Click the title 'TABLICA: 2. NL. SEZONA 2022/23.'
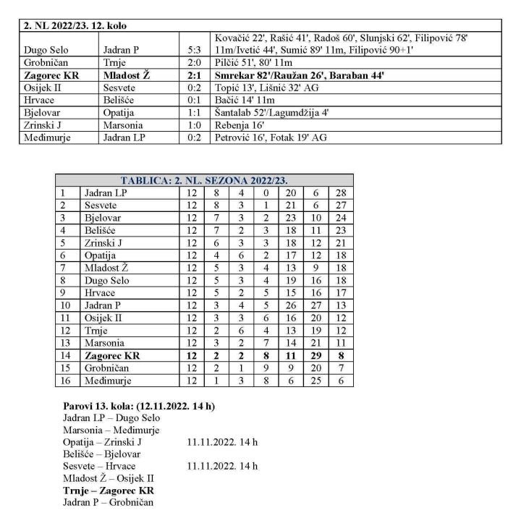pyautogui.click(x=204, y=181)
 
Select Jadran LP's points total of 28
pyautogui.click(x=341, y=192)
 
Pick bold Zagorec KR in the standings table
pyautogui.click(x=112, y=356)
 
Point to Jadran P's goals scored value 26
pyautogui.click(x=289, y=305)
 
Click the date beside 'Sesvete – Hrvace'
pyautogui.click(x=221, y=466)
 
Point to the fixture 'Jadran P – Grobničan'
pyautogui.click(x=108, y=502)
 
